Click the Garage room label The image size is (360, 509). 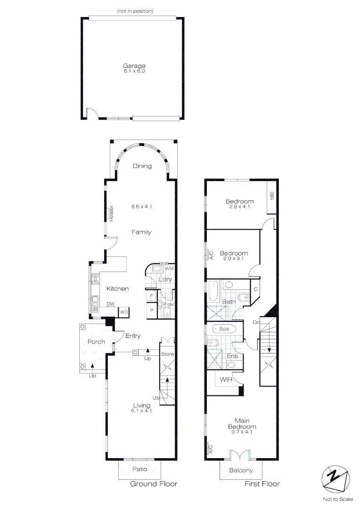(134, 66)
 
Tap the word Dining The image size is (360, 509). (142, 166)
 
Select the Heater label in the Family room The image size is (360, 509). (111, 213)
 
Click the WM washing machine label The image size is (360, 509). (170, 269)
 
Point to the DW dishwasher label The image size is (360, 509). (110, 304)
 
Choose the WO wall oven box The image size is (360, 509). (123, 312)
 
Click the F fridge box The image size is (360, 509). (151, 296)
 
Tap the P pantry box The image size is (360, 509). (151, 311)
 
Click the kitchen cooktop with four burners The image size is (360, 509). (96, 279)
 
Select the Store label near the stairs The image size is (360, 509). (167, 354)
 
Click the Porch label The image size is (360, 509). (96, 342)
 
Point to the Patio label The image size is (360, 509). (140, 469)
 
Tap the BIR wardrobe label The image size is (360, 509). (272, 196)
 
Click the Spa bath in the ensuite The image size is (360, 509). (224, 329)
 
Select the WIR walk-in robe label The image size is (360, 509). (226, 379)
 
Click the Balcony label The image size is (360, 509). (241, 470)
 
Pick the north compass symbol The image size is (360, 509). (336, 480)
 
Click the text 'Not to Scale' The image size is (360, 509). (338, 499)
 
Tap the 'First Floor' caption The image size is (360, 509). (262, 484)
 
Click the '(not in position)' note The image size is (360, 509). (135, 11)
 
